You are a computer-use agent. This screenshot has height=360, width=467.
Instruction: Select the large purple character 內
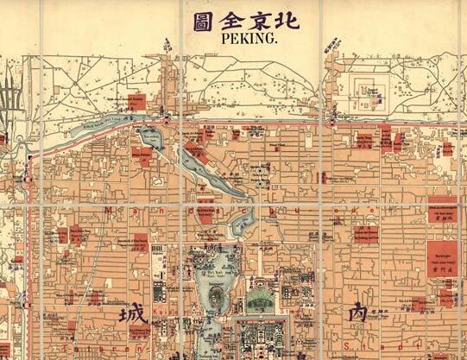(x=357, y=313)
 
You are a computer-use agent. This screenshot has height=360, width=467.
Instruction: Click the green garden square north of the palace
(x=260, y=299)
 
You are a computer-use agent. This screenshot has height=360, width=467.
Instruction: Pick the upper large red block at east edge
(x=441, y=210)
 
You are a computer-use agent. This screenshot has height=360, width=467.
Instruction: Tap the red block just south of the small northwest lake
(x=142, y=156)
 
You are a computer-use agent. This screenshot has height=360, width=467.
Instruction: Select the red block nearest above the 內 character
(x=364, y=234)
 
